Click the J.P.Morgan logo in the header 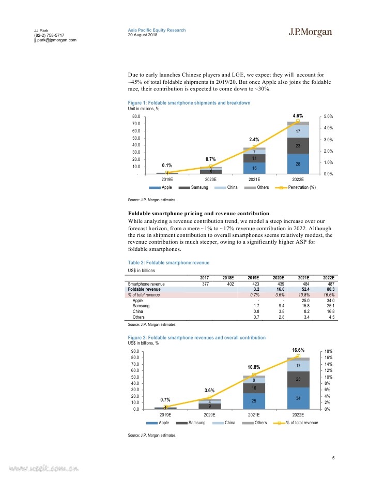[x=310, y=33]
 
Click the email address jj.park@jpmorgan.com [x=54, y=40]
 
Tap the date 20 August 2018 [x=142, y=35]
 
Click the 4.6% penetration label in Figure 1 [x=298, y=115]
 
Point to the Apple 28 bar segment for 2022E [x=298, y=163]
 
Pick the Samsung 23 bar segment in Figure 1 [x=298, y=146]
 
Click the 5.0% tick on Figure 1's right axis [x=327, y=117]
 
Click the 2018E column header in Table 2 [x=228, y=278]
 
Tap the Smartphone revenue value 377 [x=205, y=284]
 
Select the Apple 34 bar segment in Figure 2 [x=298, y=398]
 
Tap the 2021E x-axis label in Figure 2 [x=254, y=415]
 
